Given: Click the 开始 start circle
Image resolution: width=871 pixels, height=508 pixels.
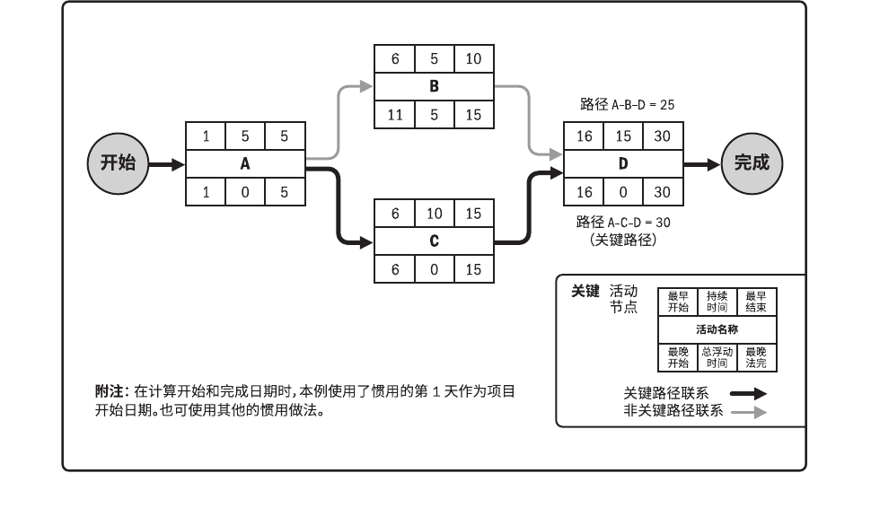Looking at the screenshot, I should (118, 164).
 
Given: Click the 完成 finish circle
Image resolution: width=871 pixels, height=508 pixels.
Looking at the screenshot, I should (752, 164).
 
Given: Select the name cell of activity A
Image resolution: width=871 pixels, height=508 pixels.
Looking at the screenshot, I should (245, 164).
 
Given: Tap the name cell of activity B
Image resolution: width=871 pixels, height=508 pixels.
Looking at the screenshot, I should (434, 87).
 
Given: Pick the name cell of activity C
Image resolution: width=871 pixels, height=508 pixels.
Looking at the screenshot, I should (434, 241).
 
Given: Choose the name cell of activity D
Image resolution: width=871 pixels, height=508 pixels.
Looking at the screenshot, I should (623, 164).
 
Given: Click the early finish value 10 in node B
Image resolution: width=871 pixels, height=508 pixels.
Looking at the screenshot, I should (473, 59).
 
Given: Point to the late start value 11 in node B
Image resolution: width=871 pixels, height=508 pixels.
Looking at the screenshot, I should (395, 115).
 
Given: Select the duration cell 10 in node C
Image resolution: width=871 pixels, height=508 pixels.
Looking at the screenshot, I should (434, 214).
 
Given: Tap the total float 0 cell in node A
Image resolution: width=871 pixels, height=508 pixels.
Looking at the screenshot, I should (245, 192).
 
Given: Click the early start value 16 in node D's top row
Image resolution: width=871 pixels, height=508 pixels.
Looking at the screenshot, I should (584, 136).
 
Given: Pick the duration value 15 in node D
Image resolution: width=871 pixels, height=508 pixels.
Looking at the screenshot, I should (623, 136).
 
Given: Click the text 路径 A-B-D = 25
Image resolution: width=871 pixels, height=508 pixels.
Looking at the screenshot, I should (627, 105).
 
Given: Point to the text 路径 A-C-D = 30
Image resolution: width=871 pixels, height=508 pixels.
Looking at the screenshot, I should (623, 223).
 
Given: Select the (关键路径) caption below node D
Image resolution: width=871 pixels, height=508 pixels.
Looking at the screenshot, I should (623, 240).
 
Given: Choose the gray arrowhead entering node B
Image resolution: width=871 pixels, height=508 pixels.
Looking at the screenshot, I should (365, 87).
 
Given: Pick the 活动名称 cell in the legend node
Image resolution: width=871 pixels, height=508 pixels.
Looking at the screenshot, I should (717, 329).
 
